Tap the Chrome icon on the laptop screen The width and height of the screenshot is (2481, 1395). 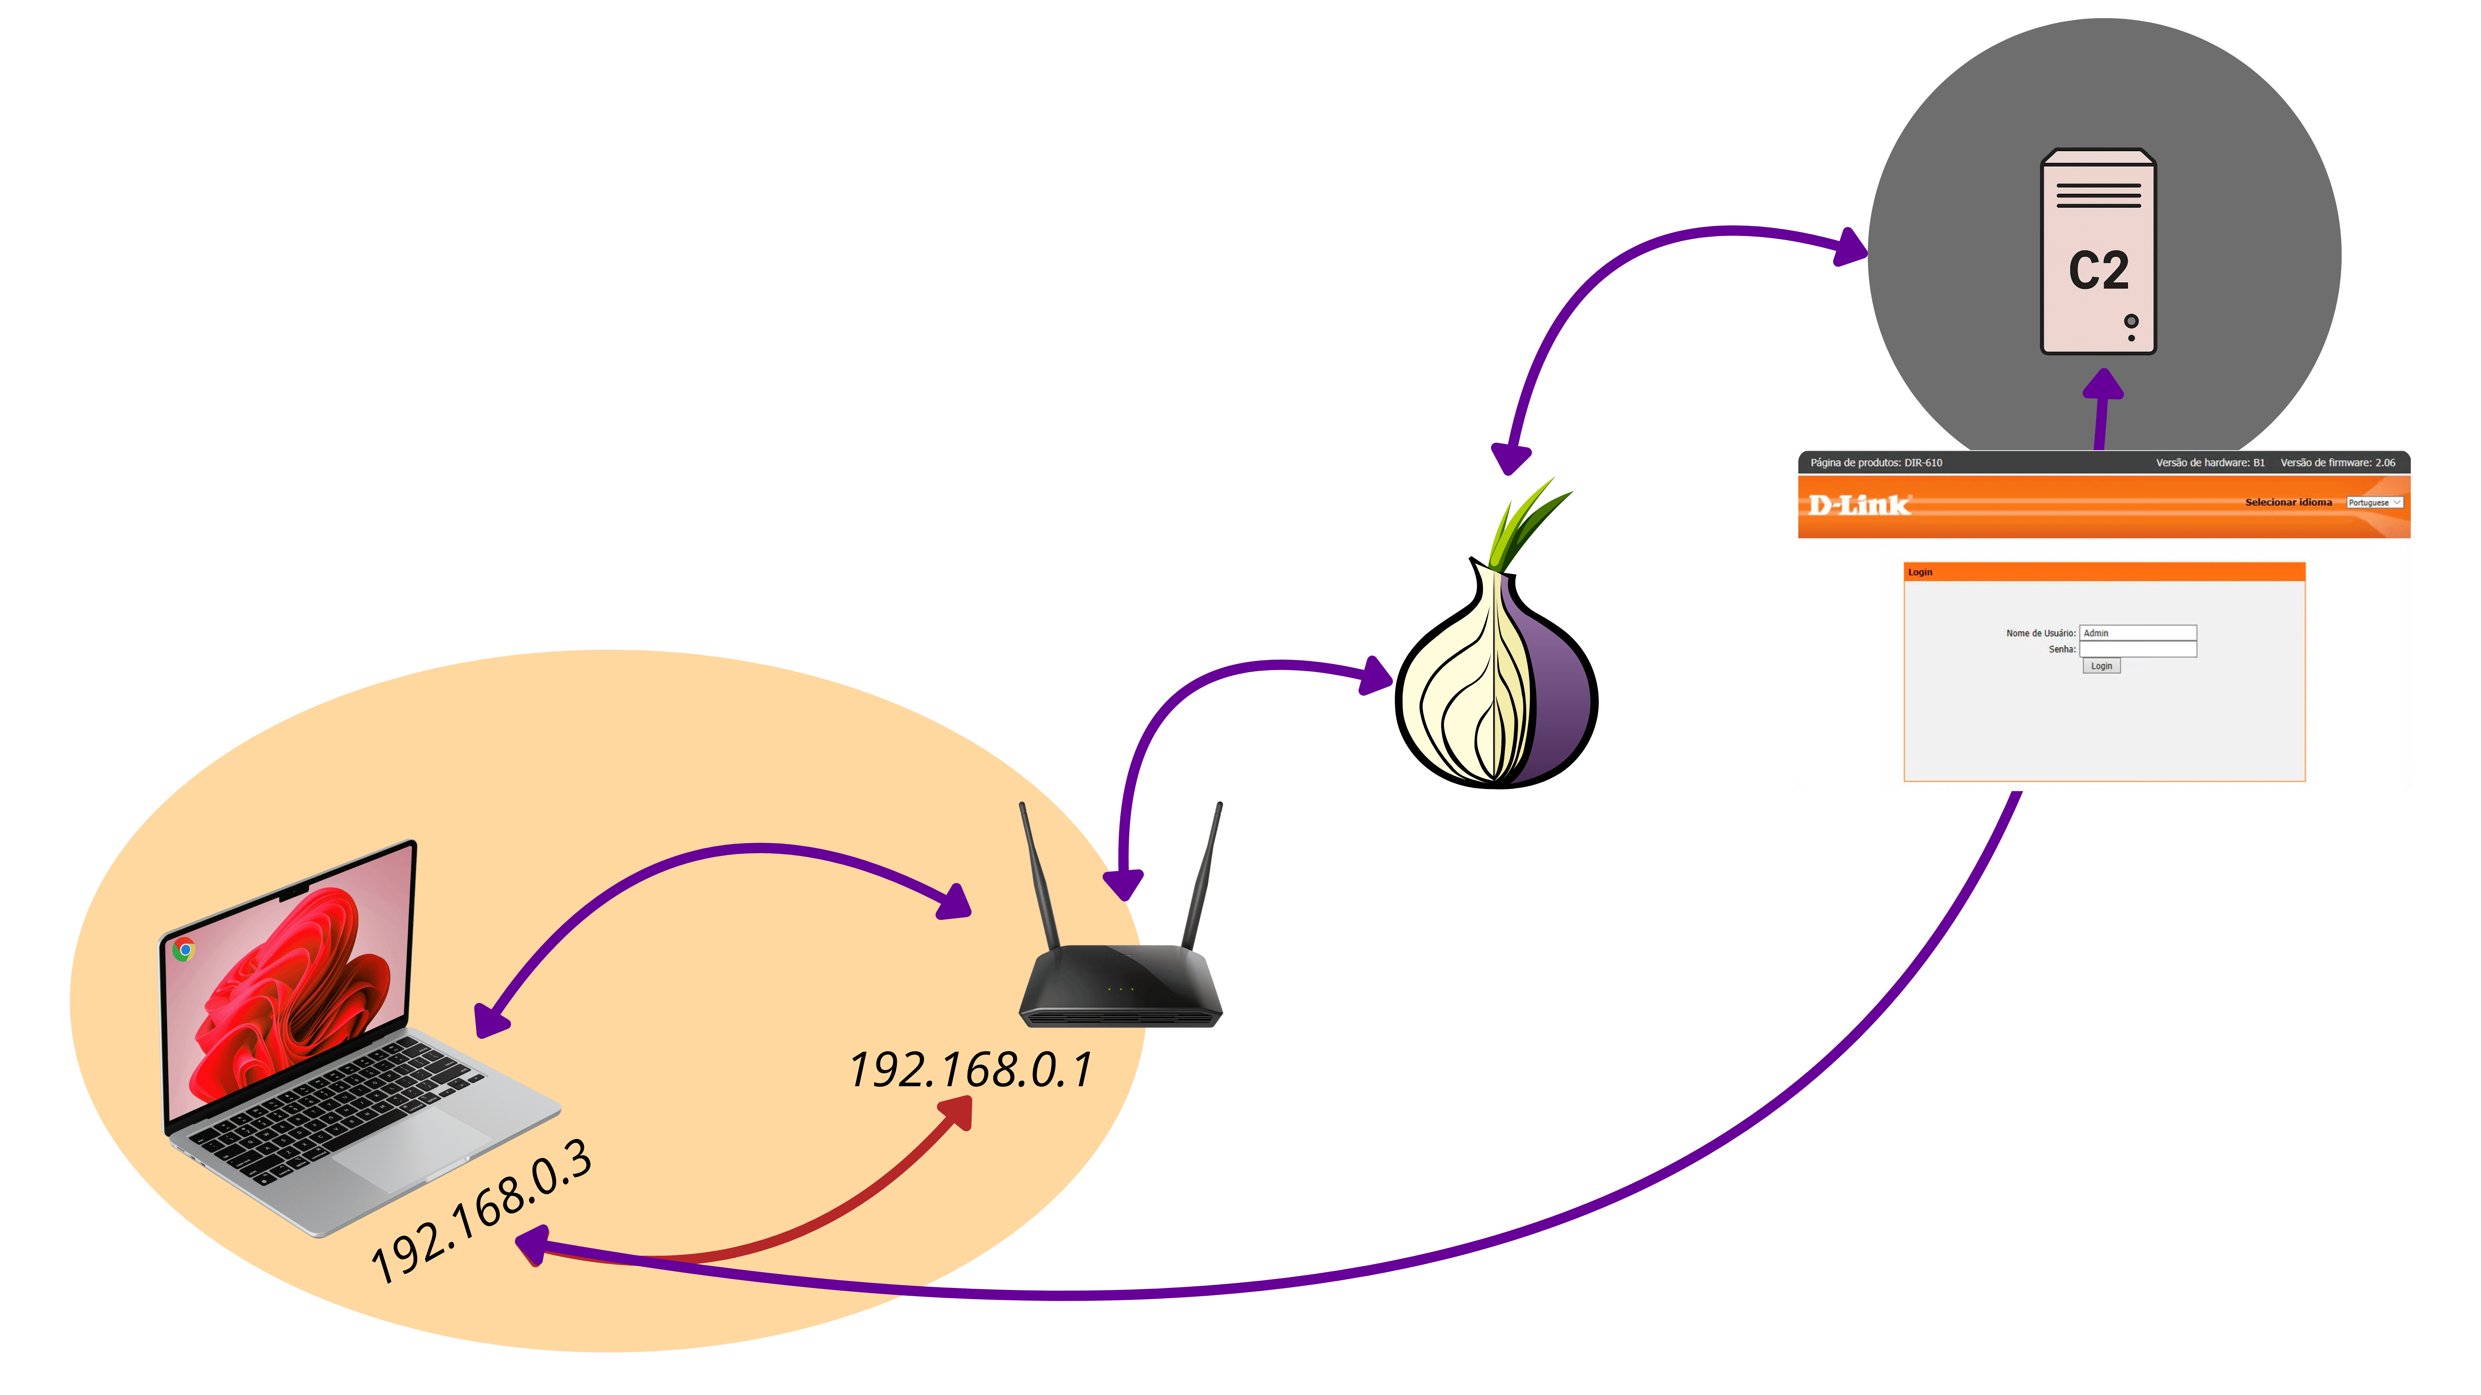coord(184,950)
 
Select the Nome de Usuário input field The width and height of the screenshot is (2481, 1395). coord(2137,632)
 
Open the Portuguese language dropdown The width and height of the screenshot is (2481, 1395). coord(2374,503)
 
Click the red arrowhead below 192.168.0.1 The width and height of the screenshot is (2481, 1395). coord(958,1115)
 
